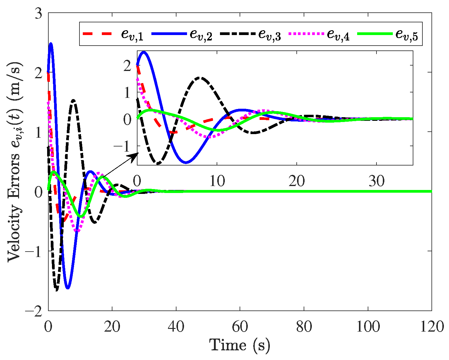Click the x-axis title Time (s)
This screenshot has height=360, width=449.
tap(240, 345)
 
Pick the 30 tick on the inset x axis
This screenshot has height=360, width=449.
tap(377, 181)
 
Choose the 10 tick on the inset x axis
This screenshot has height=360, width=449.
tap(217, 181)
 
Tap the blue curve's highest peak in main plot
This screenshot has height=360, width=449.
tap(51, 44)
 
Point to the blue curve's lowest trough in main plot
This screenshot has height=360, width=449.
tap(68, 288)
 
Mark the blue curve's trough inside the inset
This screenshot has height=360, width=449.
tap(186, 162)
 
